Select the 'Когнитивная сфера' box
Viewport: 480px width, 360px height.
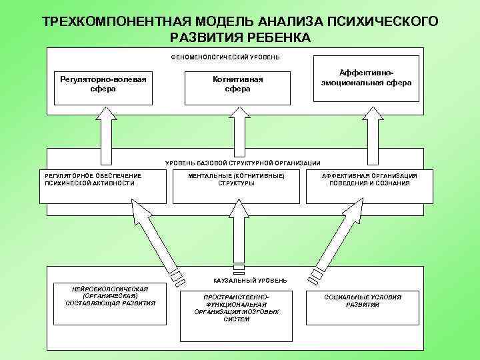[237, 85]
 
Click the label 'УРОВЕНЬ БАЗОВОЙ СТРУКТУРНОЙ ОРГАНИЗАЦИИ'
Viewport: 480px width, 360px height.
[243, 163]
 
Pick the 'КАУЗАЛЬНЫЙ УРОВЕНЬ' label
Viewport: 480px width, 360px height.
[241, 281]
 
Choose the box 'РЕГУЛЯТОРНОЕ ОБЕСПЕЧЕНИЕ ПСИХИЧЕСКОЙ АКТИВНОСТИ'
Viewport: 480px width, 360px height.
[103, 186]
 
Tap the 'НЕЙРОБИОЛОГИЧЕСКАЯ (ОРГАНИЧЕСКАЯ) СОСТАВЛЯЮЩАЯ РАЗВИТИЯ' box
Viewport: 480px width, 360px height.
[111, 304]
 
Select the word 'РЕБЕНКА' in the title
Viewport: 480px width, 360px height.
[277, 37]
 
